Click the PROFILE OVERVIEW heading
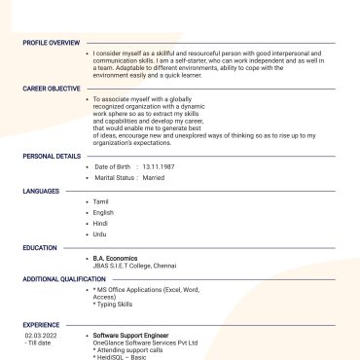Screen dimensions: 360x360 52,43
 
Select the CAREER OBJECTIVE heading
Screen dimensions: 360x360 51,89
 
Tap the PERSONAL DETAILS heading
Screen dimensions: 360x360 52,156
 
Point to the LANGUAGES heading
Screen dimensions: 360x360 42,191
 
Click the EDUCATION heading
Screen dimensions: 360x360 40,248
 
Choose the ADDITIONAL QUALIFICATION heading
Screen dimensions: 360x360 63,279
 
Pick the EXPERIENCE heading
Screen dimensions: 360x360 42,325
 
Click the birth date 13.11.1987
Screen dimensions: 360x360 158,167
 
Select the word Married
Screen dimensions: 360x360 154,178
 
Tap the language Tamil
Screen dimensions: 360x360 101,201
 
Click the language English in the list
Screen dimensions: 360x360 103,212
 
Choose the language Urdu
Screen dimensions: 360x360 100,234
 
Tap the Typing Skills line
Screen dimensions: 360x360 114,304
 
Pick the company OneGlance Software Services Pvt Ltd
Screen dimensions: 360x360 145,342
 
